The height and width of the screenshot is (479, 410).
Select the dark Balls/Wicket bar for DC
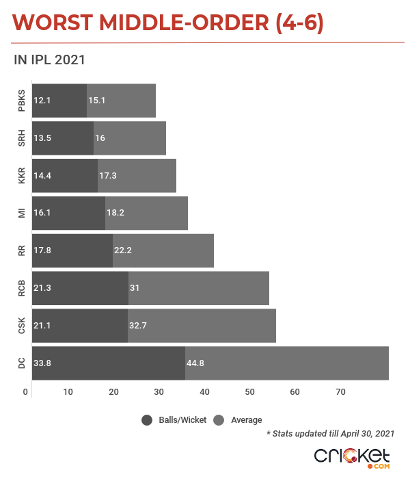(108, 363)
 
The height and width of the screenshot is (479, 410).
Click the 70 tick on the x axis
(340, 391)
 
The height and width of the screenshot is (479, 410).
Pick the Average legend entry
(238, 419)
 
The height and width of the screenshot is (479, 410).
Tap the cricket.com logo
(351, 456)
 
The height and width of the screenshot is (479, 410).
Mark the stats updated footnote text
(330, 433)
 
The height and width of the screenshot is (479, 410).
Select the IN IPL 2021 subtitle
(49, 60)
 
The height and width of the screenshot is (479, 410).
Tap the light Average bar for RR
(163, 250)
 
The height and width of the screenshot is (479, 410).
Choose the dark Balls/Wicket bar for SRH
(62, 138)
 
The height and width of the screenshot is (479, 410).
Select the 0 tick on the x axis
(25, 391)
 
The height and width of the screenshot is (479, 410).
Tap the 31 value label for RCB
(135, 288)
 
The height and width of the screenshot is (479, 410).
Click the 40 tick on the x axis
(205, 391)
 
